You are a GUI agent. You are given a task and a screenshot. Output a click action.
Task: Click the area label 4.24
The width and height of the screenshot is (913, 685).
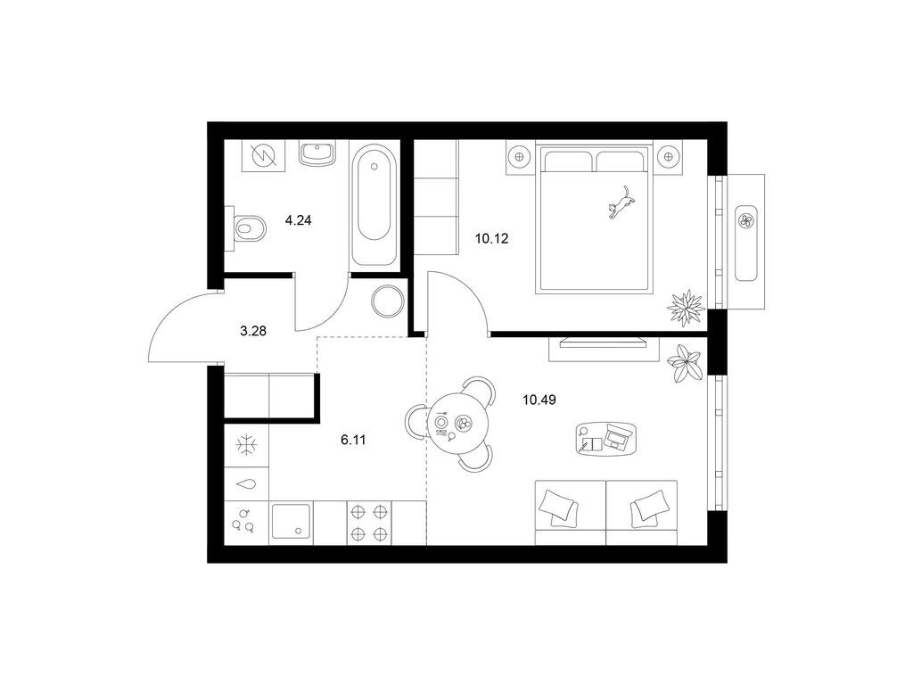click(x=298, y=220)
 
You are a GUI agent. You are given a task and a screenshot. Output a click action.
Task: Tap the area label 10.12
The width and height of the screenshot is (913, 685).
click(x=492, y=238)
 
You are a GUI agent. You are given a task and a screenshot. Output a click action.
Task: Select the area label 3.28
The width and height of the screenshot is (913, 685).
click(x=253, y=331)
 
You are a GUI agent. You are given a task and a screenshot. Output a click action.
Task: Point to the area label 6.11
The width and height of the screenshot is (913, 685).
click(x=353, y=440)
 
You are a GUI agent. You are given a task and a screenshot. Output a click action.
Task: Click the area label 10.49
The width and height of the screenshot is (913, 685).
click(x=539, y=400)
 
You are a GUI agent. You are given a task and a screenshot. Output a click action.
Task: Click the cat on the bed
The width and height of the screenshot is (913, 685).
click(x=621, y=202)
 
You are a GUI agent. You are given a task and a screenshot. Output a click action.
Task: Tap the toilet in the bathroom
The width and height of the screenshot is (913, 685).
click(x=248, y=228)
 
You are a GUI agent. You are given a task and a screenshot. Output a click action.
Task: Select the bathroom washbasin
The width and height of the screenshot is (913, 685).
click(x=317, y=153)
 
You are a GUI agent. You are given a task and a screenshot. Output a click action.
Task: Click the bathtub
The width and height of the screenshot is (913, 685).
click(x=374, y=205)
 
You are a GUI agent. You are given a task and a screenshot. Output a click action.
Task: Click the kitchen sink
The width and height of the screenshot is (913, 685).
click(x=292, y=523)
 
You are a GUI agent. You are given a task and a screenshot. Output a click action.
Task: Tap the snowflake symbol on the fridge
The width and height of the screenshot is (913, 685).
click(x=247, y=445)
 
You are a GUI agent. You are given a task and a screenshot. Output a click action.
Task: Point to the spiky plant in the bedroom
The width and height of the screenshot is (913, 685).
click(x=686, y=307)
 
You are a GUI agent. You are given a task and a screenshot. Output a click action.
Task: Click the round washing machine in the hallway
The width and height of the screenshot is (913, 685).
click(x=388, y=301)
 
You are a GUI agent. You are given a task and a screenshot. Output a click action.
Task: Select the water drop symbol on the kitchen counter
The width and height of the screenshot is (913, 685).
click(x=247, y=483)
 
